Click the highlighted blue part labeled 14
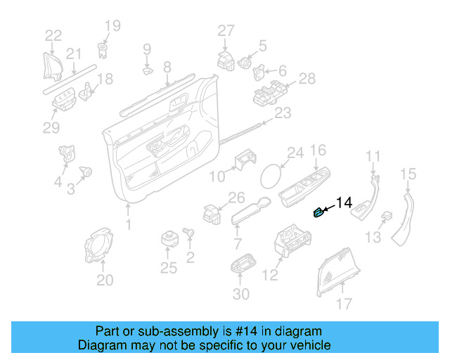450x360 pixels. pos(319,213)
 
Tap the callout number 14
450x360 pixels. pos(343,203)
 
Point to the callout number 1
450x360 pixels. pos(128,225)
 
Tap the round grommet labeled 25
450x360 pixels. pos(169,238)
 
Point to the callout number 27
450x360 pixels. pos(225,30)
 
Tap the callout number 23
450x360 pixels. pos(281,112)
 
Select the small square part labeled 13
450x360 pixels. pos(386,216)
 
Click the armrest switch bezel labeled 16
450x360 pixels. pos(304,188)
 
